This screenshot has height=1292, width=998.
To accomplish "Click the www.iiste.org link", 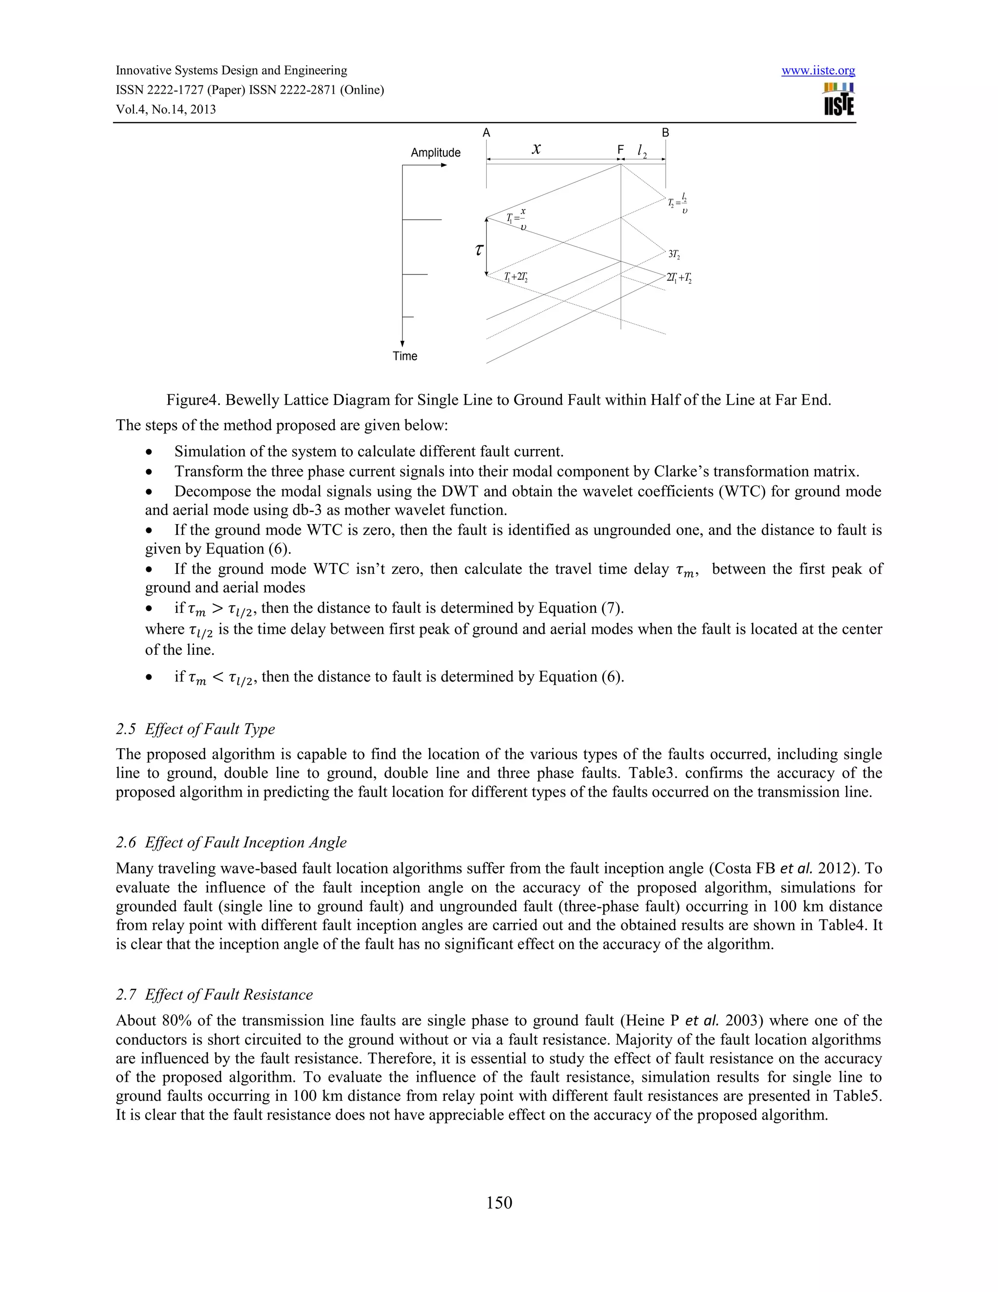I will point(818,71).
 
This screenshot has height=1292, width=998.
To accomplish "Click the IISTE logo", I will point(838,99).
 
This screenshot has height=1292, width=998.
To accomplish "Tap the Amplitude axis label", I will point(435,153).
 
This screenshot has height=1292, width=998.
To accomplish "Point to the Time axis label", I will point(405,356).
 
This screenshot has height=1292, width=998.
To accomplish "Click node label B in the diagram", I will point(665,133).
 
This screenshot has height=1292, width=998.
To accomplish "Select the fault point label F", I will point(620,150).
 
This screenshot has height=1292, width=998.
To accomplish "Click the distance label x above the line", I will point(536,149).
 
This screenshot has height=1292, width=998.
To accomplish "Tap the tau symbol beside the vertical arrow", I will point(479,250).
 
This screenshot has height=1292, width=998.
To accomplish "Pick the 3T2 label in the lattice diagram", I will point(674,254).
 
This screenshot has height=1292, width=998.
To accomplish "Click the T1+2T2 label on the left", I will point(516,277).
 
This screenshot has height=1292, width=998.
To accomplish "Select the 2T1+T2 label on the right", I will point(679,277).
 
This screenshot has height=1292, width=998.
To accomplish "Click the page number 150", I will point(499,1202).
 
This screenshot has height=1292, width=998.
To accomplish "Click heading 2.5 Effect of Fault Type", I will point(196,729).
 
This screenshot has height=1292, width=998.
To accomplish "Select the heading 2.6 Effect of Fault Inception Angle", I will point(231,842).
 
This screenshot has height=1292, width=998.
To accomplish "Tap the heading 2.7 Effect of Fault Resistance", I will point(214,995).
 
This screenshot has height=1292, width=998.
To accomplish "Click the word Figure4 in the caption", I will point(192,400).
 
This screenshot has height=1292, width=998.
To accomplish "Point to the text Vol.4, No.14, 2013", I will point(166,109).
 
